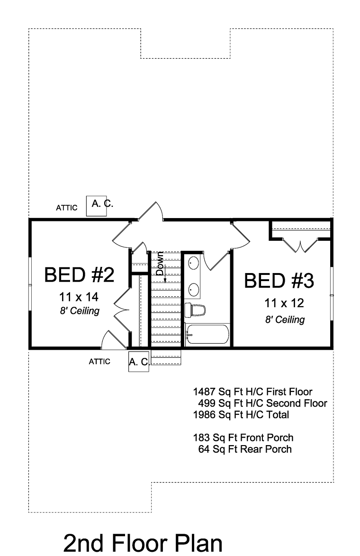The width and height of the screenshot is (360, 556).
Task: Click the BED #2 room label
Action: pos(80,275)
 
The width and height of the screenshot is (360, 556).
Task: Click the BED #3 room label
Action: pos(279,281)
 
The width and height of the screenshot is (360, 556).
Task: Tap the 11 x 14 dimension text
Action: pos(79,297)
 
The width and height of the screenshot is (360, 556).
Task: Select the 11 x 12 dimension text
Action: pos(284,303)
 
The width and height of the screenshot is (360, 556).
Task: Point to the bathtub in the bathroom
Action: pos(207,334)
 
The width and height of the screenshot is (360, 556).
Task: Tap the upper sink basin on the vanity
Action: pos(193,263)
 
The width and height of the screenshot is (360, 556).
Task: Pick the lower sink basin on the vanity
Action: pos(193,289)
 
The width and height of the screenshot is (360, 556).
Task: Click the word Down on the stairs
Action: pos(160,264)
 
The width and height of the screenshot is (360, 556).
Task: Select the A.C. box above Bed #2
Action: pos(96,206)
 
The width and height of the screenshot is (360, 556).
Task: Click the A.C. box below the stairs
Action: pos(138,362)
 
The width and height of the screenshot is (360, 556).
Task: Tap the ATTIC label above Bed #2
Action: pos(67,208)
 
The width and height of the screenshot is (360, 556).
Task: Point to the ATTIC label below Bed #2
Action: pos(99,361)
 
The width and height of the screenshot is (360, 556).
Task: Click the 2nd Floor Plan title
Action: pos(143,543)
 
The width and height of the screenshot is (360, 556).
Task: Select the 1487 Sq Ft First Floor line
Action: pos(252,392)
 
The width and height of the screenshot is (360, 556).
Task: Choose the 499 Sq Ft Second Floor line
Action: pos(262,403)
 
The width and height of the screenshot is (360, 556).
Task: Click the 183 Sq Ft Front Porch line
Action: pos(243,438)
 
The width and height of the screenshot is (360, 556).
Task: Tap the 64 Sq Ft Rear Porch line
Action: pos(245,449)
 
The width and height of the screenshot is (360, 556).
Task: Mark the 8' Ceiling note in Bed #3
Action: pos(285,320)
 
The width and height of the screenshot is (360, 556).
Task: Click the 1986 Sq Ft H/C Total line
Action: pos(241,415)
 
